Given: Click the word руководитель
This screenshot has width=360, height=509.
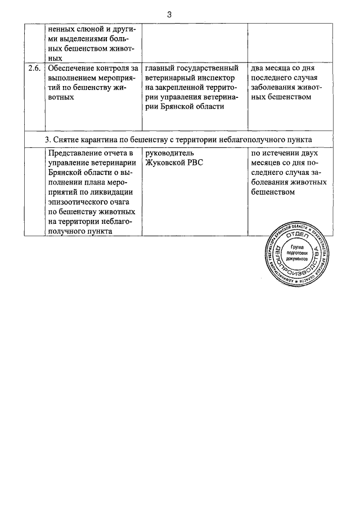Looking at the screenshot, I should pyautogui.click(x=169, y=154).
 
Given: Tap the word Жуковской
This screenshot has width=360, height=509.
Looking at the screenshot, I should pyautogui.click(x=165, y=163).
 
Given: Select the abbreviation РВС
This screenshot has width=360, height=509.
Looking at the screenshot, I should pyautogui.click(x=195, y=163).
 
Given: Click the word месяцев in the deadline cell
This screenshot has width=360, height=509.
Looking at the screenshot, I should pyautogui.click(x=267, y=163).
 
